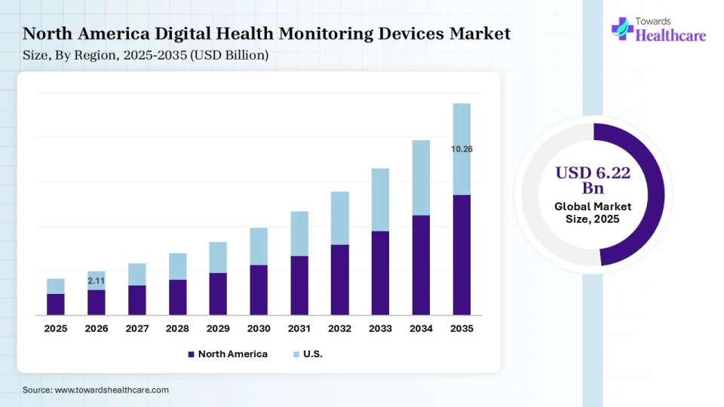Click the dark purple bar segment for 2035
[x=462, y=255]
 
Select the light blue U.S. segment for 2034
[x=421, y=178]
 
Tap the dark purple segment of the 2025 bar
[x=56, y=304]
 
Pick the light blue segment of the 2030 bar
[x=259, y=246]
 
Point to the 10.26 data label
[x=462, y=149]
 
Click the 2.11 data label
[x=97, y=281]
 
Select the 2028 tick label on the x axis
[x=177, y=329]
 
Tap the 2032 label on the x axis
[x=339, y=329]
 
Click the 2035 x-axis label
[x=462, y=329]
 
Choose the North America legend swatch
[x=192, y=354]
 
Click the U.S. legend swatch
[x=296, y=354]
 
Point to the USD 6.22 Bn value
[x=593, y=180]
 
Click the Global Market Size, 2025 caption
[x=593, y=213]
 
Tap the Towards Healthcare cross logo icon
[x=622, y=29]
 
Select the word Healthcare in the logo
[x=671, y=35]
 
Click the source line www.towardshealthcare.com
[x=96, y=390]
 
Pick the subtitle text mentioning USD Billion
[x=146, y=55]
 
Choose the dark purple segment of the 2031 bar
[x=299, y=286]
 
